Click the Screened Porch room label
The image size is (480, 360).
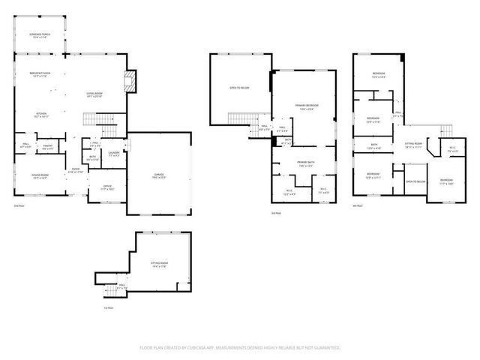(40, 36)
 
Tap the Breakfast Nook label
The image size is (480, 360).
(39, 74)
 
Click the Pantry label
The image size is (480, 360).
(47, 148)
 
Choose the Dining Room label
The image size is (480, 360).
(40, 176)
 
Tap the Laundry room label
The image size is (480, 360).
(113, 154)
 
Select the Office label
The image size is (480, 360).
(107, 187)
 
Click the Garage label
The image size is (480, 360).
(159, 176)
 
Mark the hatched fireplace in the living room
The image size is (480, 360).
(131, 81)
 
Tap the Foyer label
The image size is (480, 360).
(77, 171)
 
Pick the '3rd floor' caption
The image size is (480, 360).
(275, 214)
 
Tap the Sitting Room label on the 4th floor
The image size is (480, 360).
(414, 144)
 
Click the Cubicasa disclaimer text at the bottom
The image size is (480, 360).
(240, 348)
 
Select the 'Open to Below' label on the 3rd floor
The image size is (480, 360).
(239, 88)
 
